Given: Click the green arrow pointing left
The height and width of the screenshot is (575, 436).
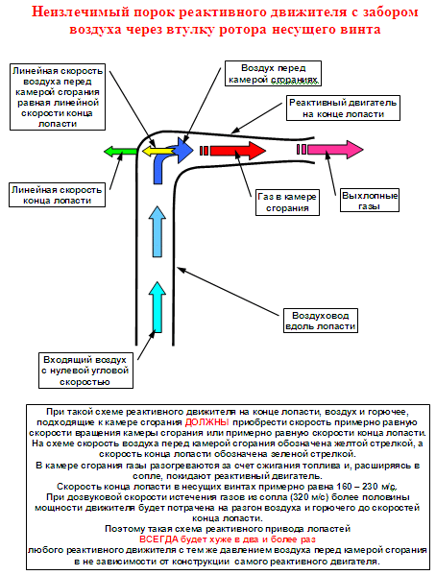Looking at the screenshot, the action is tap(120, 151).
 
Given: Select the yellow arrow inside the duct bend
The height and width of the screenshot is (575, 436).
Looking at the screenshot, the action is tap(157, 151).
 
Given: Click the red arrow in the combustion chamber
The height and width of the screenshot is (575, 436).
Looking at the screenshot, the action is tap(238, 151).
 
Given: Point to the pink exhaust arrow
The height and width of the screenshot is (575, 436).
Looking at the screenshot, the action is tap(335, 149).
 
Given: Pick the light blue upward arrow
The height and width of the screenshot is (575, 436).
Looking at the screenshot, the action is tap(157, 231).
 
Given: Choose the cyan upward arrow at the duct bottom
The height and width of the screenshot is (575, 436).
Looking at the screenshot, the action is tap(157, 307).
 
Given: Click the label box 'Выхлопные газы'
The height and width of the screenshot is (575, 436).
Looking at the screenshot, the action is tap(369, 201).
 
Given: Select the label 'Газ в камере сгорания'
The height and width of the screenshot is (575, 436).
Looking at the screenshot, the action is tap(287, 202).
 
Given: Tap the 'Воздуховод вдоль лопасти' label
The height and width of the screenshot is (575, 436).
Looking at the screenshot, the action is tap(321, 321).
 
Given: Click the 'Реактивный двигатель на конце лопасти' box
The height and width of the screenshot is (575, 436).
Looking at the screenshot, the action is tap(343, 108).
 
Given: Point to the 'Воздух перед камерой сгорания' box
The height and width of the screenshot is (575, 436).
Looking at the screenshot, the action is tap(273, 73).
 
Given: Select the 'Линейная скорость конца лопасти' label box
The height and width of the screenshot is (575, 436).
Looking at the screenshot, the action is tap(58, 195).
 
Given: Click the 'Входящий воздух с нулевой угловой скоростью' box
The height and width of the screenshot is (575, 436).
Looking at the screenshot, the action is tap(85, 371).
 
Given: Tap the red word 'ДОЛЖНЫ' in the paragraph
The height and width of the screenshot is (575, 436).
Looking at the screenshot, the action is tap(206, 422).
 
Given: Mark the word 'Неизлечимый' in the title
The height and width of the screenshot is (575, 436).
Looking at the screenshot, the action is tap(81, 12).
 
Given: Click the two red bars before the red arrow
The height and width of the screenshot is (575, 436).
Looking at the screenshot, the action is tap(204, 151).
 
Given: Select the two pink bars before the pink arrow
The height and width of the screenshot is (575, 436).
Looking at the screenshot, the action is tap(302, 149).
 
